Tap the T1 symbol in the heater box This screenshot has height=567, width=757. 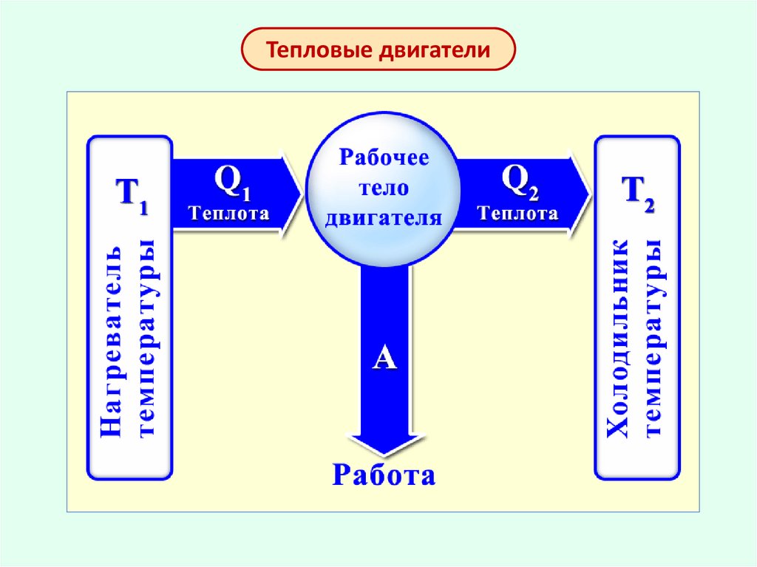130,197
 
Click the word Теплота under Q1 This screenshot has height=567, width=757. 229,214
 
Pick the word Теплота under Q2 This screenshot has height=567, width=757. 517,214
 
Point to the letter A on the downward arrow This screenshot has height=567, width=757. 384,359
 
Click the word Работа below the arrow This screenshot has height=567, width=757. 384,474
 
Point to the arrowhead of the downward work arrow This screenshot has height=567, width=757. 384,452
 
